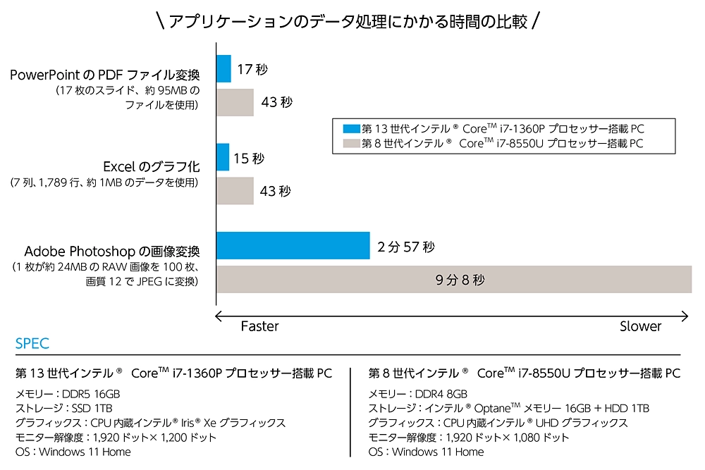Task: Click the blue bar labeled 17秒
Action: (223, 68)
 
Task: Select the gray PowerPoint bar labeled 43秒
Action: (235, 102)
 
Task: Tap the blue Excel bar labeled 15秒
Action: (223, 157)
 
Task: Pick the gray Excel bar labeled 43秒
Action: (235, 191)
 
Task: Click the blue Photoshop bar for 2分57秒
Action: (293, 245)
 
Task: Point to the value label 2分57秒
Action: (406, 247)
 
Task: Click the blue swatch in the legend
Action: (351, 129)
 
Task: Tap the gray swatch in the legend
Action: (351, 143)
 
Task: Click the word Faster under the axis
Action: (259, 326)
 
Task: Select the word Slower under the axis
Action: (640, 326)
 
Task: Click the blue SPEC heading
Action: (32, 344)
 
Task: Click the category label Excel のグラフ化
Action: (151, 167)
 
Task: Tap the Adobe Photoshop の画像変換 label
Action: (112, 252)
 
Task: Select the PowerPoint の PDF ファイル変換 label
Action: (105, 75)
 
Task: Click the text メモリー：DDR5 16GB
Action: (68, 394)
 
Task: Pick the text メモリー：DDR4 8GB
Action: (418, 394)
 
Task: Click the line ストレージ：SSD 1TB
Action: (64, 408)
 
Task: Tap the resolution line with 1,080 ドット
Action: (469, 438)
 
